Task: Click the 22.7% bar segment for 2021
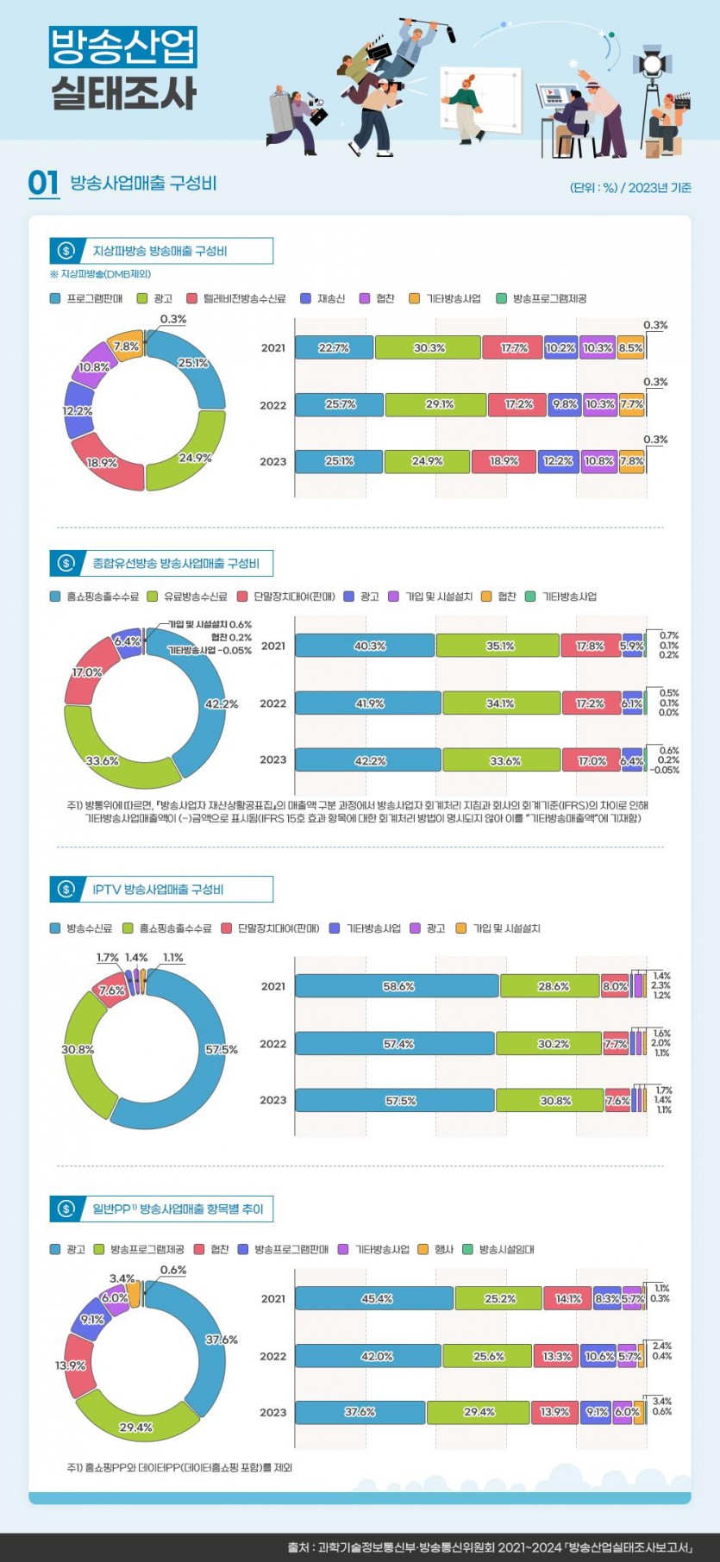pos(334,347)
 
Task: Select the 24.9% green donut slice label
pos(195,458)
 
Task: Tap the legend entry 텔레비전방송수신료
pos(244,298)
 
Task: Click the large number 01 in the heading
pos(43,183)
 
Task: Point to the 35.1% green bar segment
pos(499,646)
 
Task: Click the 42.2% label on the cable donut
pos(221,703)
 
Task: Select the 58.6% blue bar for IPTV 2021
pos(398,986)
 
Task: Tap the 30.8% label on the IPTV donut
pos(78,1049)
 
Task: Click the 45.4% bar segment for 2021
pos(376,1298)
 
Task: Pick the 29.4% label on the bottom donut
pos(135,1428)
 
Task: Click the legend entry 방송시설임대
pos(506,1249)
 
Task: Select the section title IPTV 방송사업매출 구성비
pos(158,889)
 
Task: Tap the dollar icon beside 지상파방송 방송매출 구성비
pos(66,251)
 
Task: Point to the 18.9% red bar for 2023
pos(504,461)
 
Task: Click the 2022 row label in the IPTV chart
pos(272,1044)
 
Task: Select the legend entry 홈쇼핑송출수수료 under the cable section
pos(102,597)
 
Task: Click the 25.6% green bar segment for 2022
pos(488,1356)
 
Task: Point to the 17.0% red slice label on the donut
pos(87,672)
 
